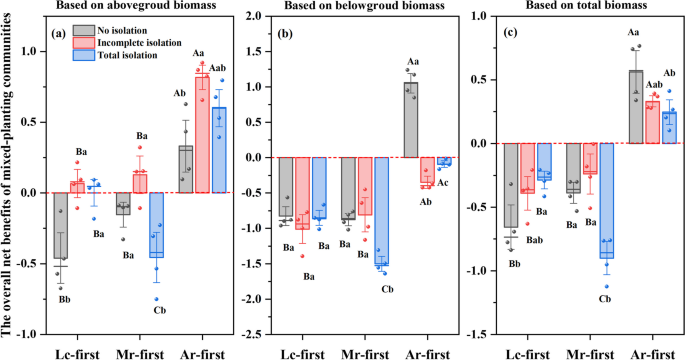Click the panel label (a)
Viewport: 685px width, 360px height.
[60, 32]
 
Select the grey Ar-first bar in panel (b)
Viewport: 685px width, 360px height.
[410, 120]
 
